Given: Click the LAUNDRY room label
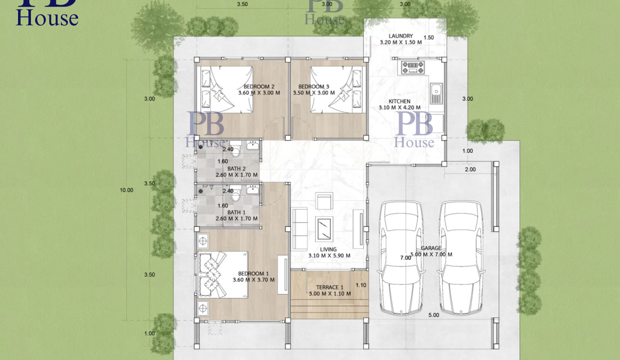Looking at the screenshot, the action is coord(400,36).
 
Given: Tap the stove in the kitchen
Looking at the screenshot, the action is coord(413,68).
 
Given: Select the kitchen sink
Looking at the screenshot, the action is coord(436,93).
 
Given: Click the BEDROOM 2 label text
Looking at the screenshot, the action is coord(259,86).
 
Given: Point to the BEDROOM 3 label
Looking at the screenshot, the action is coord(314,86).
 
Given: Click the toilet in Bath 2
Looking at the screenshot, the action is coord(235,148).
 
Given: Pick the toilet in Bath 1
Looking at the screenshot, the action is coord(235,193).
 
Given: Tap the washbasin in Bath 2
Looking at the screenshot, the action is coord(252,145).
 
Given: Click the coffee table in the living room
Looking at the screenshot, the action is coord(324,229).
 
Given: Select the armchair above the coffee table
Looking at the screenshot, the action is coord(324,201).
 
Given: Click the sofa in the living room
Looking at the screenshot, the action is coord(299,229).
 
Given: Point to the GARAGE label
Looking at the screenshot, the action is coord(431,248).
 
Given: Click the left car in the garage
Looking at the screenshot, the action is coord(401,258).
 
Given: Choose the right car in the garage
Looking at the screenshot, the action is coord(461,258).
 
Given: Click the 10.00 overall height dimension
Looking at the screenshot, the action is coord(126,190).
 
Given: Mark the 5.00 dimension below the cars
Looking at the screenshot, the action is coord(433,315).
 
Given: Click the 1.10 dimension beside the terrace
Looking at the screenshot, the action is coord(361,285).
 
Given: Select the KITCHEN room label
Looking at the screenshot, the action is coord(399,101).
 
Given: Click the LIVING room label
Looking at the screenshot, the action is coord(328,249).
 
